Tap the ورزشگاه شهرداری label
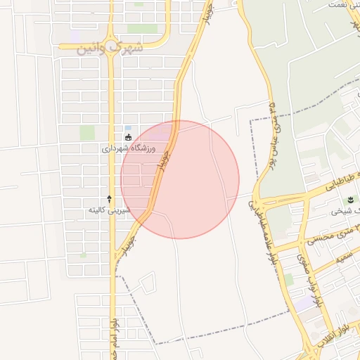click(124, 149)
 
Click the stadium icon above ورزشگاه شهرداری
click(127, 137)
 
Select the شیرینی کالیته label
click(107, 210)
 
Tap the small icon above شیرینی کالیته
click(109, 199)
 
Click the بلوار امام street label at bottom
click(112, 337)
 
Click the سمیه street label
click(344, 257)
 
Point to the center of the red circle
click(180, 179)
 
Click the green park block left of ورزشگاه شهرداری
click(87, 133)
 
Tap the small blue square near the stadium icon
click(127, 127)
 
